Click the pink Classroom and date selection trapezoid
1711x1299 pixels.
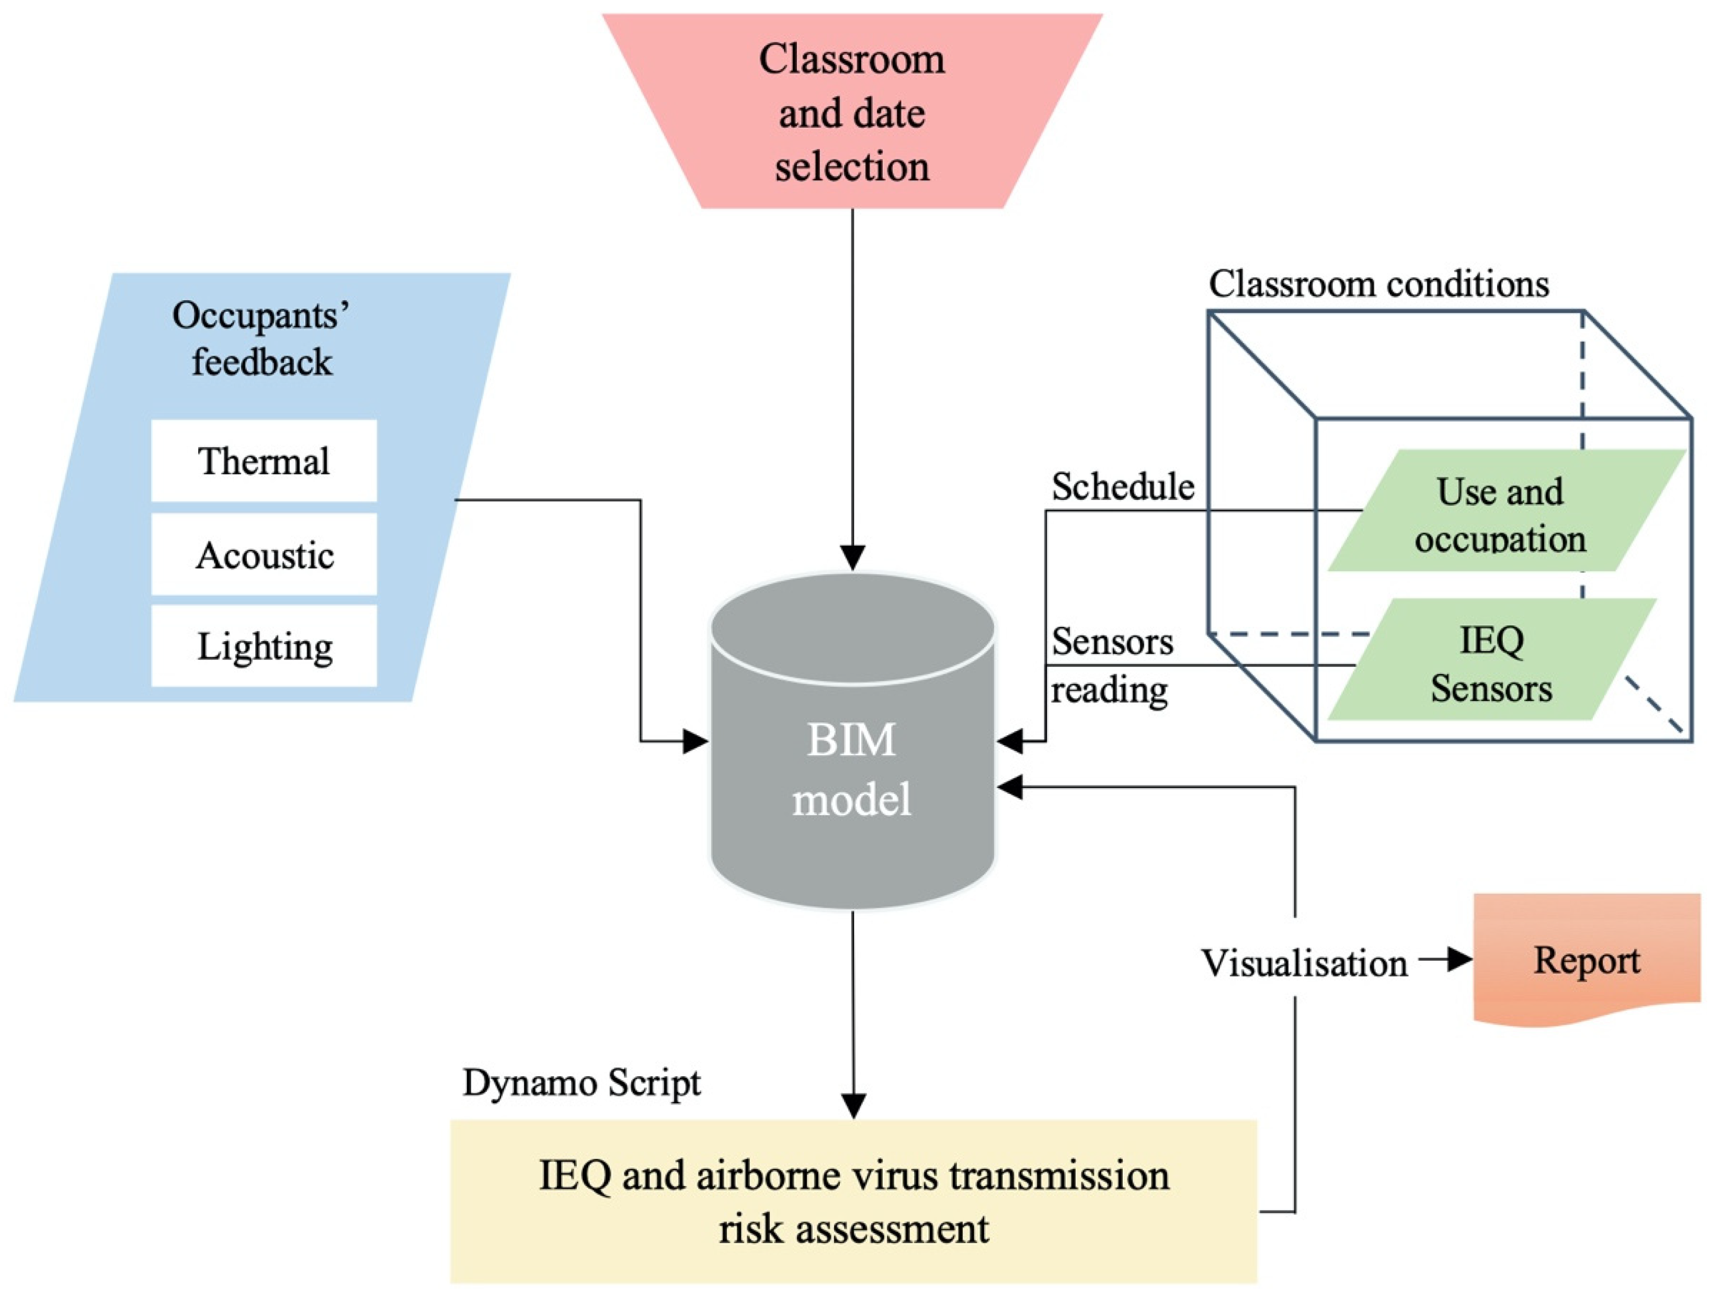[x=852, y=111]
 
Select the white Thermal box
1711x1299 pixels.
[x=264, y=460]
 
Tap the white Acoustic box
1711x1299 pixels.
[x=264, y=554]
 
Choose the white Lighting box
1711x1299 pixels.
[x=264, y=645]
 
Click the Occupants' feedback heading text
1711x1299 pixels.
[x=261, y=339]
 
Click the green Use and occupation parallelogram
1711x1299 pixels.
[x=1507, y=510]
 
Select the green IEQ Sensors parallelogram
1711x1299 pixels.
[x=1492, y=659]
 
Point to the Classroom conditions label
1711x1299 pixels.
[x=1379, y=284]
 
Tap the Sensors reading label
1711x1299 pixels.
[x=1112, y=665]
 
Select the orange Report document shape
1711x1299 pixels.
[x=1587, y=960]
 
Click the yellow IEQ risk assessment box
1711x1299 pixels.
[x=853, y=1202]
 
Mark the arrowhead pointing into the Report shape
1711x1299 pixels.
[x=1461, y=960]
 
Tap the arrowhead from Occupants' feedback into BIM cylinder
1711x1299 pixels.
[x=696, y=741]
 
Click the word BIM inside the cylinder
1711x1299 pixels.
[x=852, y=739]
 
